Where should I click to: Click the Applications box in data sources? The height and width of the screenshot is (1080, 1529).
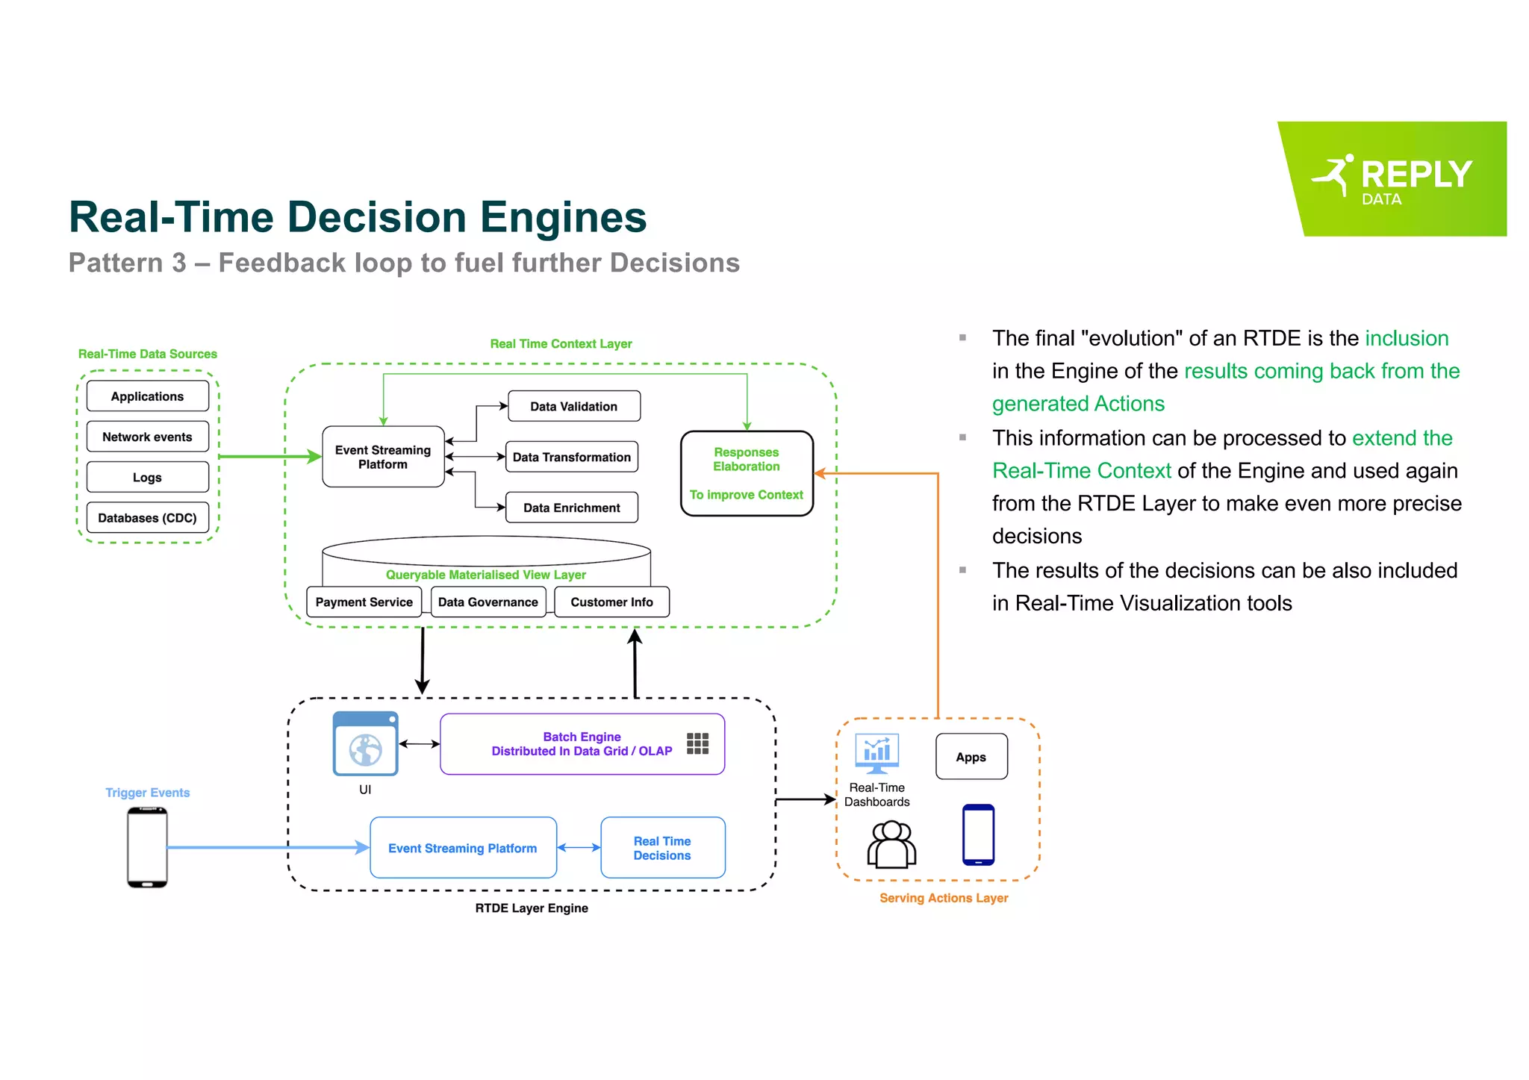147,396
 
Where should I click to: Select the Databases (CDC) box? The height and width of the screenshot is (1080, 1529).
147,517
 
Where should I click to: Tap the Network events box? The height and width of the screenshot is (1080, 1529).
147,437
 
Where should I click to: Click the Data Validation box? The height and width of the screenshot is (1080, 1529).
573,406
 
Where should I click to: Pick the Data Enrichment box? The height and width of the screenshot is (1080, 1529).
571,508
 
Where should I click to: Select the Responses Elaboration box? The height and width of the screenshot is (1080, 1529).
747,473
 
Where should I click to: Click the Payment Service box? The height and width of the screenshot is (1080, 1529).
364,602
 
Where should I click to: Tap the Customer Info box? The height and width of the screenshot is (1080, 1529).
611,602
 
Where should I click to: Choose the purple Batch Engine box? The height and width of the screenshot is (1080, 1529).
582,744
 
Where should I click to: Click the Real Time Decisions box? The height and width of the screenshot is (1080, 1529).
662,848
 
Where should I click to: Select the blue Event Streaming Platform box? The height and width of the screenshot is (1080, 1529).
463,848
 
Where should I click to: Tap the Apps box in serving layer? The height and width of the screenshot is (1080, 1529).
971,757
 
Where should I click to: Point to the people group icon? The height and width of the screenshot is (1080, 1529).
891,844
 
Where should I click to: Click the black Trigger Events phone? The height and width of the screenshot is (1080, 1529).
147,848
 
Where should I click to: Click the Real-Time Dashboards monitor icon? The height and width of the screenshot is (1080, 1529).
876,753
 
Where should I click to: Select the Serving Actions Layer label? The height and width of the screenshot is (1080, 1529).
944,898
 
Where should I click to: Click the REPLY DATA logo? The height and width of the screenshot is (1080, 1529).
1393,179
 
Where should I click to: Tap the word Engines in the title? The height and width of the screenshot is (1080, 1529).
563,217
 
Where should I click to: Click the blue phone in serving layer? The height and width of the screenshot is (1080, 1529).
978,834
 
